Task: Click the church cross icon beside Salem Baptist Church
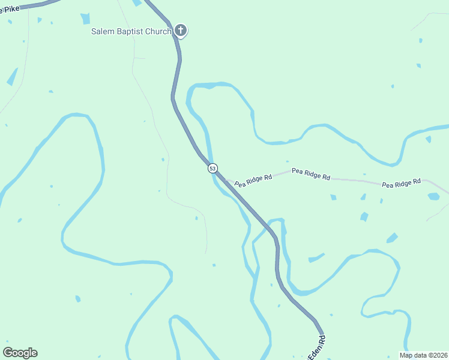point(181,31)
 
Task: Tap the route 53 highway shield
point(212,169)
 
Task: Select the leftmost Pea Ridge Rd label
point(253,181)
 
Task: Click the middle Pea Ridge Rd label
point(311,174)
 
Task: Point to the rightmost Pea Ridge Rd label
point(402,182)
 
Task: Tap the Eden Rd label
point(317,348)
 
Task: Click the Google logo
point(20,353)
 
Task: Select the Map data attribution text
point(423,355)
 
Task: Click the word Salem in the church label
point(103,31)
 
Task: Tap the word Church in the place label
point(158,31)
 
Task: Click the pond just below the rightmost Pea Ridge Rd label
point(433,196)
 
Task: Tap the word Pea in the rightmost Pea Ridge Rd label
point(388,185)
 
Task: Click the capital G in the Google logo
point(8,353)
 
